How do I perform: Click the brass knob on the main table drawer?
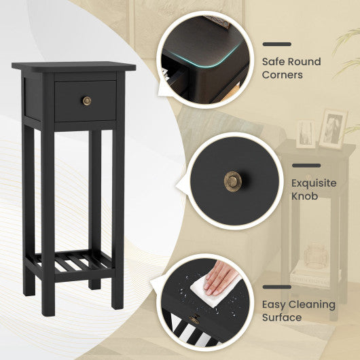[x=86, y=101]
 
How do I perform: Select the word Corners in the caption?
[x=283, y=75]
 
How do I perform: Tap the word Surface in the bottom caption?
[x=283, y=317]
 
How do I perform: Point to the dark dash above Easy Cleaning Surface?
[x=276, y=287]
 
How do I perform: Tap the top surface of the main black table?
[x=73, y=67]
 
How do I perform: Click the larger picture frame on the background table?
[x=333, y=128]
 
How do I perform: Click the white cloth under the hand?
[x=204, y=289]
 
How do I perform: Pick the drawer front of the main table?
[x=86, y=101]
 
